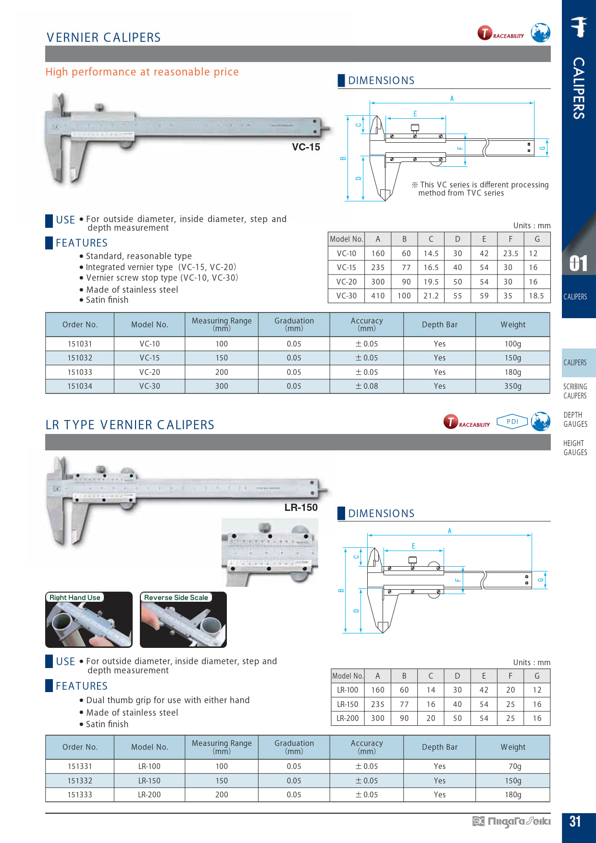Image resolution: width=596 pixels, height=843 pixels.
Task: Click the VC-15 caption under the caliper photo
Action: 306,147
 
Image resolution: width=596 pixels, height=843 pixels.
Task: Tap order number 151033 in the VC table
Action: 80,372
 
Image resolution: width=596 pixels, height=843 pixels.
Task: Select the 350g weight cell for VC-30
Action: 512,386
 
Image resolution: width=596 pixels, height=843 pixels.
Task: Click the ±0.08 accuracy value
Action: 367,386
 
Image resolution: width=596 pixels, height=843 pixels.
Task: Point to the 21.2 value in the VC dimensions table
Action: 431,296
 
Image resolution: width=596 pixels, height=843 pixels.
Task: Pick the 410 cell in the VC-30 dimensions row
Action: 378,296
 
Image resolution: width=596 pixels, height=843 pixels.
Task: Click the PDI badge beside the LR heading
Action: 512,421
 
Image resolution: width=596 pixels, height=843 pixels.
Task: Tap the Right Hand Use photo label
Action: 75,597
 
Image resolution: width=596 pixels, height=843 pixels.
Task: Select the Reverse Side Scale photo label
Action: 176,597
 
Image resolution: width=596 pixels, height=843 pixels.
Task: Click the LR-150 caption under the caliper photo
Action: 301,508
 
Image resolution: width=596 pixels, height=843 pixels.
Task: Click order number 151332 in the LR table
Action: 80,781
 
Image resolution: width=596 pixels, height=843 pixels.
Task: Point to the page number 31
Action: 575,821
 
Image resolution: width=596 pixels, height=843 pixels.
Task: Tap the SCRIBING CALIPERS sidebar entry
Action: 575,391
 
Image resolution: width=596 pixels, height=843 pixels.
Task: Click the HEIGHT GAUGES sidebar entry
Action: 575,448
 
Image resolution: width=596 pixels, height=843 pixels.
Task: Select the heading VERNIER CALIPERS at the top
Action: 104,37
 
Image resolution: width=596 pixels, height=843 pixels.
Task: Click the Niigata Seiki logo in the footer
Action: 511,821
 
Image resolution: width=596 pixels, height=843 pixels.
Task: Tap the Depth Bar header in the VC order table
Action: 439,325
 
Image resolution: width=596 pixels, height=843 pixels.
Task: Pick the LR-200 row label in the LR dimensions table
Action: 348,718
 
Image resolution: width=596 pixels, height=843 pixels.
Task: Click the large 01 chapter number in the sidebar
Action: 578,263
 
